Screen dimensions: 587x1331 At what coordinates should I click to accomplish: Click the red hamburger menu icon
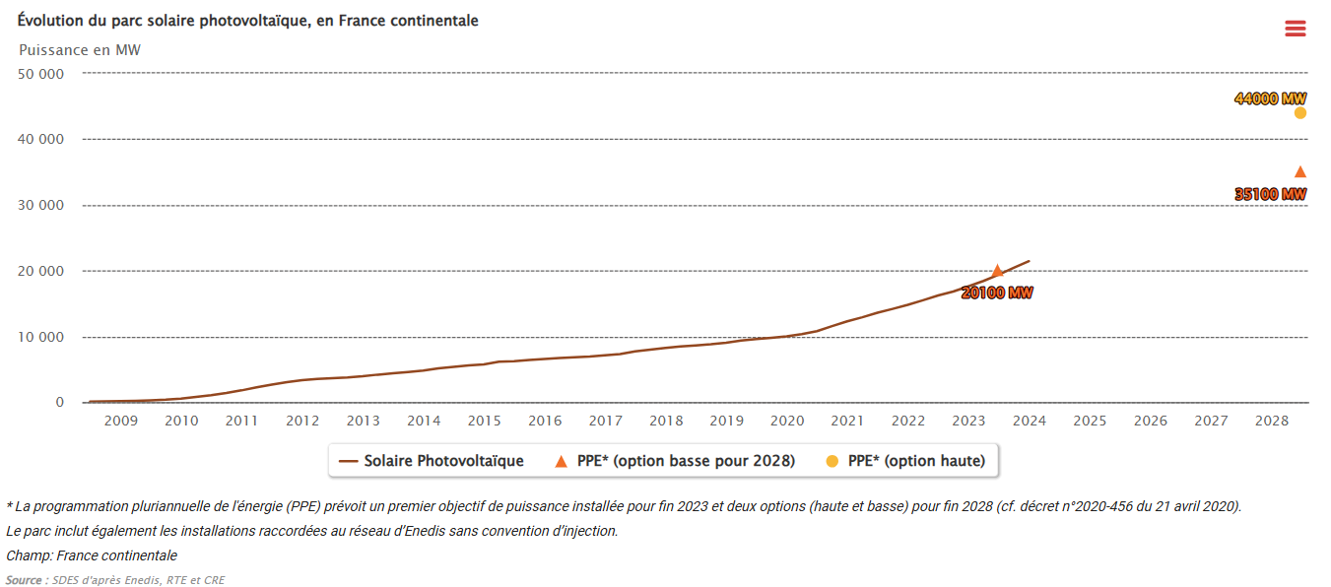pos(1295,29)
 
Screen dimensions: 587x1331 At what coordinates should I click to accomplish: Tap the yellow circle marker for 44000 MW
pos(1299,113)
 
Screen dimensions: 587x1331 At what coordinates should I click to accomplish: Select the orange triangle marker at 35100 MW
pos(1299,172)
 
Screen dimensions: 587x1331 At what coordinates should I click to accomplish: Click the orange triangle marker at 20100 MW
pos(997,271)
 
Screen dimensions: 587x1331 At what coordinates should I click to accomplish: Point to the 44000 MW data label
pos(1270,98)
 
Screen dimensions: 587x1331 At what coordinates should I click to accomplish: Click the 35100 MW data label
pos(1270,194)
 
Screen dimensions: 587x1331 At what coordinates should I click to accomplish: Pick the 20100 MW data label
pos(997,293)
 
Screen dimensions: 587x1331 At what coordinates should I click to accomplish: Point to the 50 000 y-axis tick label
pos(40,74)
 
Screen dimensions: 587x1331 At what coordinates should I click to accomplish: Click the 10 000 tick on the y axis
pos(40,337)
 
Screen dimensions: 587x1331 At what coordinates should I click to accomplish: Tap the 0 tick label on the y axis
pos(59,403)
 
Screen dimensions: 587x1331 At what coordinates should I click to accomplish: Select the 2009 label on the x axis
pos(120,422)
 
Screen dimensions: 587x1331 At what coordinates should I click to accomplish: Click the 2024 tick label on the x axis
pos(1029,422)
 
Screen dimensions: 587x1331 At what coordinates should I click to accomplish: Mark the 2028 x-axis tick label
pos(1271,422)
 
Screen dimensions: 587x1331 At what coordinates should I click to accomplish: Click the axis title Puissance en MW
pos(80,49)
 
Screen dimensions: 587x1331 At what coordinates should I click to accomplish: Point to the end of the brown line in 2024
pos(1029,261)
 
